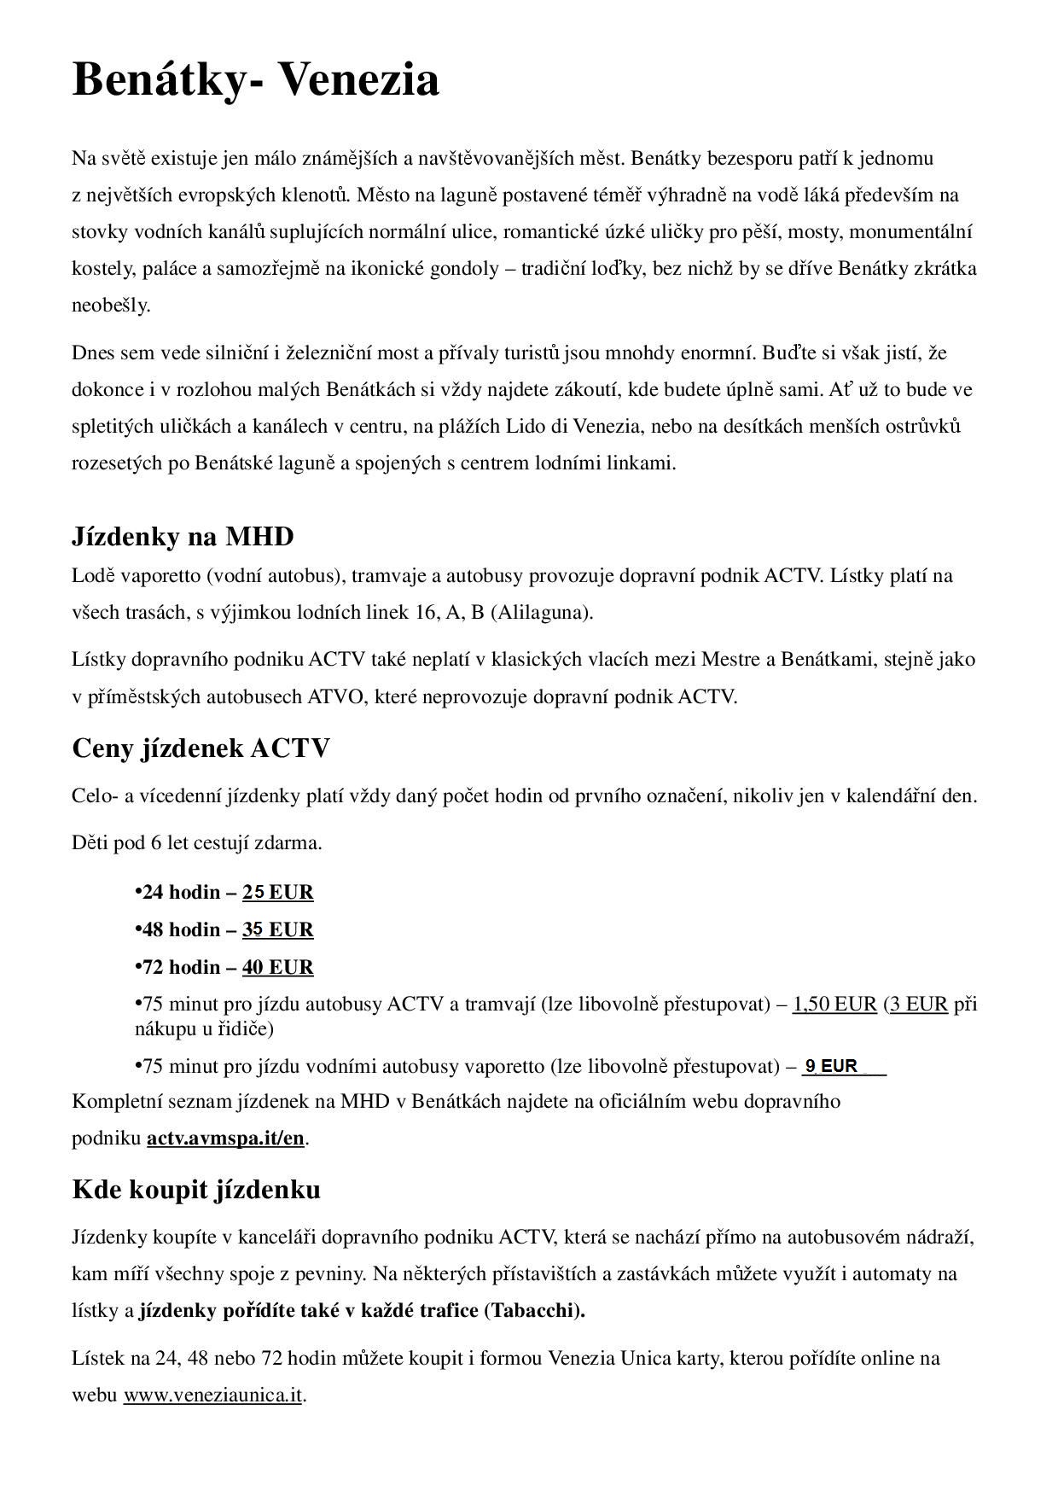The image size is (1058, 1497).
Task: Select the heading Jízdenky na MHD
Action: pos(183,537)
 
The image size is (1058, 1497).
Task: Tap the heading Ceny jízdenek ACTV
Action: pos(201,748)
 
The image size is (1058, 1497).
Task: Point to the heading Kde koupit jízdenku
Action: pos(196,1190)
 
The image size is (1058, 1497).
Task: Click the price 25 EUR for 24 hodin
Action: pos(278,893)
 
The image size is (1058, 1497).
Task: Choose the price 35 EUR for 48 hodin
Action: pos(278,929)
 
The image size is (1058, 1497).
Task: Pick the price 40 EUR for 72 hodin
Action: pos(278,967)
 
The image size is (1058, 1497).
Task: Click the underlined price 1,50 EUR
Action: pos(834,1004)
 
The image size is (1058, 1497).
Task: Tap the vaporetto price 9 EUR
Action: pos(832,1066)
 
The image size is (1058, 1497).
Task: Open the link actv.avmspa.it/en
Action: pos(225,1139)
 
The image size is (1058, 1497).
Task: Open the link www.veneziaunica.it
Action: pos(213,1395)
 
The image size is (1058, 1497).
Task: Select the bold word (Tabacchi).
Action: pos(534,1311)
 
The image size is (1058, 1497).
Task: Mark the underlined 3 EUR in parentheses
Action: pos(918,1004)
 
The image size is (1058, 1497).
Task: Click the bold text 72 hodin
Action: pos(181,967)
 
